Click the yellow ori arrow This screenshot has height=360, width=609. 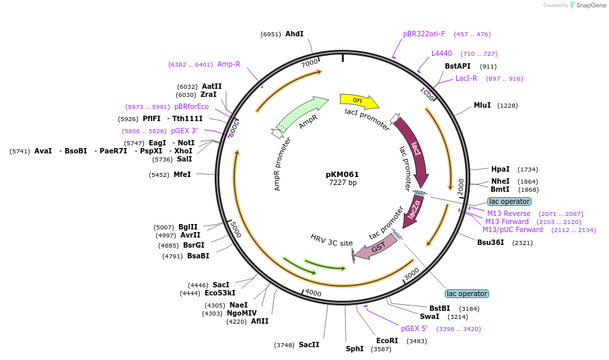pos(358,101)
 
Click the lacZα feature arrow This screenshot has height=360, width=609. pos(415,211)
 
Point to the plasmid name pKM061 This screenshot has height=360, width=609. pos(343,174)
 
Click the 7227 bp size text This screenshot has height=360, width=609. pos(343,183)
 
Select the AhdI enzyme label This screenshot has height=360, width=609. pos(294,34)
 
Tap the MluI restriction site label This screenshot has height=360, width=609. pos(482,105)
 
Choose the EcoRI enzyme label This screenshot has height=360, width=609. pos(387,340)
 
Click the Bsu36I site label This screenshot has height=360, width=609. pos(491,242)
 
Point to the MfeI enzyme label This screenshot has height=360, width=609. pos(182,174)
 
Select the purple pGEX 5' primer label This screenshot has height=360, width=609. pos(415,328)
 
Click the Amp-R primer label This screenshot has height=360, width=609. pos(229,64)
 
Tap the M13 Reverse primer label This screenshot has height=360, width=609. pos(509,213)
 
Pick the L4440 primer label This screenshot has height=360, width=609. pos(441,53)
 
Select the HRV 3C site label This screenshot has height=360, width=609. pos(331,240)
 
